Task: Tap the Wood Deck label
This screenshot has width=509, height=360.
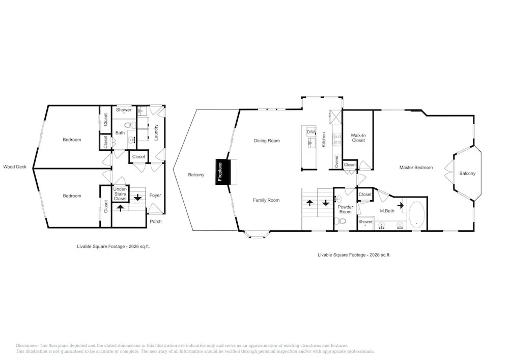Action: pyautogui.click(x=15, y=167)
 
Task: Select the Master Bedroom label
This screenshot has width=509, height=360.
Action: pyautogui.click(x=416, y=168)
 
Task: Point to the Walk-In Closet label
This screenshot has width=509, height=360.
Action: pyautogui.click(x=358, y=138)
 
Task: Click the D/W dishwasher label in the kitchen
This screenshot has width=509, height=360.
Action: pyautogui.click(x=311, y=132)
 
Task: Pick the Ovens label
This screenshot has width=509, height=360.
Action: pyautogui.click(x=336, y=161)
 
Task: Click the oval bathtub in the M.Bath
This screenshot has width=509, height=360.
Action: pyautogui.click(x=416, y=214)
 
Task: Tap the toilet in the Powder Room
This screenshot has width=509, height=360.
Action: pyautogui.click(x=342, y=221)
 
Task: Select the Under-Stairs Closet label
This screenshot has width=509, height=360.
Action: pyautogui.click(x=120, y=194)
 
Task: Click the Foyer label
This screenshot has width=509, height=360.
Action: pyautogui.click(x=155, y=195)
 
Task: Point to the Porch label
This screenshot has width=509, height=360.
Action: pyautogui.click(x=156, y=221)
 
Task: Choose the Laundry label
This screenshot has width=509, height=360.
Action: pyautogui.click(x=156, y=132)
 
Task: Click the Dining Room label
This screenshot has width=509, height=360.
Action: pyautogui.click(x=267, y=141)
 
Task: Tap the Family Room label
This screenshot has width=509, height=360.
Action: pyautogui.click(x=266, y=200)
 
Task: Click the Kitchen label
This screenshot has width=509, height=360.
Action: pyautogui.click(x=324, y=140)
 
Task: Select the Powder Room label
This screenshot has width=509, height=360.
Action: pyautogui.click(x=346, y=209)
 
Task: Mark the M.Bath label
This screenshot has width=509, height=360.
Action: pyautogui.click(x=387, y=211)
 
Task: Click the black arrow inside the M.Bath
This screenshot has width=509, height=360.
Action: pyautogui.click(x=401, y=205)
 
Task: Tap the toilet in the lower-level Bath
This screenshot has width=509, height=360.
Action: pyautogui.click(x=129, y=125)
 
